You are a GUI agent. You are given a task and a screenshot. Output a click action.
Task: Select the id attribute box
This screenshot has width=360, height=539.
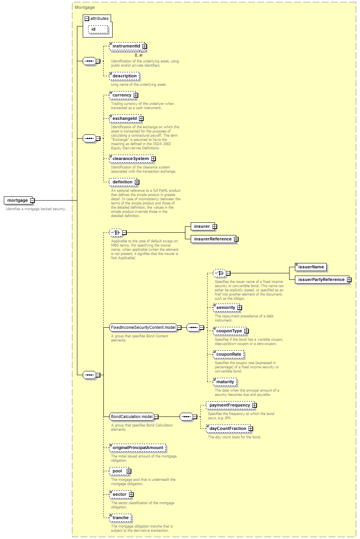[x=98, y=29]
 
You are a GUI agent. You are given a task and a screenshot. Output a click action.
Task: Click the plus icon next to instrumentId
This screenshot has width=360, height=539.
[x=144, y=46]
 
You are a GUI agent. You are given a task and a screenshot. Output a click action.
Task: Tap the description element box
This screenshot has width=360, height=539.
[x=124, y=76]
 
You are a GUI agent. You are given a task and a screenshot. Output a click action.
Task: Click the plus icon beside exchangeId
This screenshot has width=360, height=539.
[x=141, y=119]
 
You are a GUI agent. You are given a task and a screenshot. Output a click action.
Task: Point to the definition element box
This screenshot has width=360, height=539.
[x=123, y=182]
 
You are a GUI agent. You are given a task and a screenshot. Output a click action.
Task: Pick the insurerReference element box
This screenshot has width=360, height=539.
[x=214, y=239]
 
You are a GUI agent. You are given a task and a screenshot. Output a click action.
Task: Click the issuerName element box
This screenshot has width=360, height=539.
[x=311, y=267]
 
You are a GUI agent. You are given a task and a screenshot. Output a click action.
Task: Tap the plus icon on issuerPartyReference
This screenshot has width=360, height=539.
[x=349, y=279]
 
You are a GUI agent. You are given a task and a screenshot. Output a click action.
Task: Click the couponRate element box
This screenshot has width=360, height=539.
[x=229, y=354]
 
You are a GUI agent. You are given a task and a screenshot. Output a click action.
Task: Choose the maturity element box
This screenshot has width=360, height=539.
[x=225, y=382]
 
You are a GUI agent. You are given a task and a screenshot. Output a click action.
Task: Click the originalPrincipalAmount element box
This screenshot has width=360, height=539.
[x=138, y=448]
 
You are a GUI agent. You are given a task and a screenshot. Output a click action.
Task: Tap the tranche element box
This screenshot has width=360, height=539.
[x=120, y=518]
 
